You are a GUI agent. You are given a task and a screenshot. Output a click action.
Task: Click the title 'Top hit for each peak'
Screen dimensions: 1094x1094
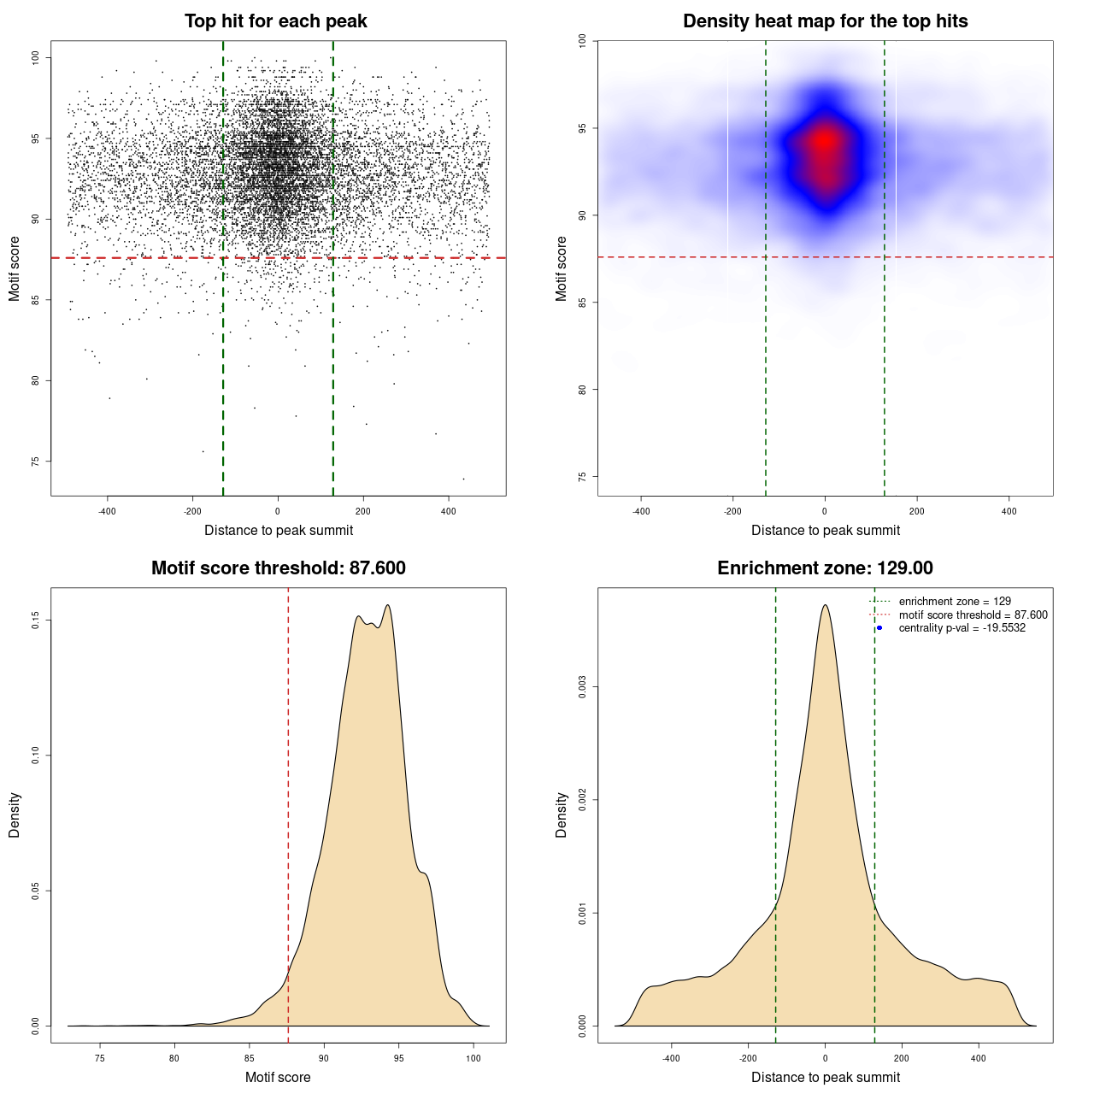point(275,21)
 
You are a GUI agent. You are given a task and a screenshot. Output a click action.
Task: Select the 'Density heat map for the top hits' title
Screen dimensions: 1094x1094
point(825,21)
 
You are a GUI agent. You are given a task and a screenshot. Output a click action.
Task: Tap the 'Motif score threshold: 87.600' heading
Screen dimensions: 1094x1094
point(278,568)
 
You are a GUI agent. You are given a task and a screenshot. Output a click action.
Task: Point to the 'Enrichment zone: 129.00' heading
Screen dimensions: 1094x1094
point(825,568)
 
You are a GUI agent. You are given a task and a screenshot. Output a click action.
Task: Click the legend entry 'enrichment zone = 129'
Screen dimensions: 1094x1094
point(955,602)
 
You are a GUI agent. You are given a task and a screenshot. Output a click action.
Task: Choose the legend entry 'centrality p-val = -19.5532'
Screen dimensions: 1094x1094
point(962,628)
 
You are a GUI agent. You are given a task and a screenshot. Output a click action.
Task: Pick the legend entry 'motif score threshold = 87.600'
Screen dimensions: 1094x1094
point(973,615)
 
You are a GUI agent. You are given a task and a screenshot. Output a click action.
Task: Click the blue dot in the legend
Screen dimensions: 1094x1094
point(879,628)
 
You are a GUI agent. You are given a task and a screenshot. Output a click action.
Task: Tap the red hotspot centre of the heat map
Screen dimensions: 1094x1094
point(824,142)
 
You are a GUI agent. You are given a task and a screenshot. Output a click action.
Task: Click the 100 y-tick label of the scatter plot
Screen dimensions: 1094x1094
point(36,57)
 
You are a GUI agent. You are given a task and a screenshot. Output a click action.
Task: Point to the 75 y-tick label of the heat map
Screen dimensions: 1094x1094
point(582,476)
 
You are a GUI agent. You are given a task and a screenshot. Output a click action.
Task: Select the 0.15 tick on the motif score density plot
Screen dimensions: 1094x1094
point(36,620)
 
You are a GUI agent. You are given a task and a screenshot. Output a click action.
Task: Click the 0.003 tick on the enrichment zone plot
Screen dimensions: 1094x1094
point(582,687)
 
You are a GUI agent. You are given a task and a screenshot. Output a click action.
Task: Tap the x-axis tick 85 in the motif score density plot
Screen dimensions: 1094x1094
point(250,1058)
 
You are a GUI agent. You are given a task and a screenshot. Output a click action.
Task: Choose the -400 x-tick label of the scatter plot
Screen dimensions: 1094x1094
point(107,511)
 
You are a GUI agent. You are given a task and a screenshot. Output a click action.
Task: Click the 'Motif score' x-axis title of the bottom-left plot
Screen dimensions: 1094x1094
point(278,1077)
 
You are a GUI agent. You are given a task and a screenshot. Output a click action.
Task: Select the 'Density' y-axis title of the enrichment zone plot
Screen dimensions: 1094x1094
point(562,815)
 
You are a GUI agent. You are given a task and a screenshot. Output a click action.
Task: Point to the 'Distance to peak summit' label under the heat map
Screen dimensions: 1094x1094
point(825,530)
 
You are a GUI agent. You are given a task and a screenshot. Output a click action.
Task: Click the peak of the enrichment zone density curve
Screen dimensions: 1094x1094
point(825,605)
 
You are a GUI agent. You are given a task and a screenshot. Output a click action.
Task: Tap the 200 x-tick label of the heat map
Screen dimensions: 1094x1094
point(916,511)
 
